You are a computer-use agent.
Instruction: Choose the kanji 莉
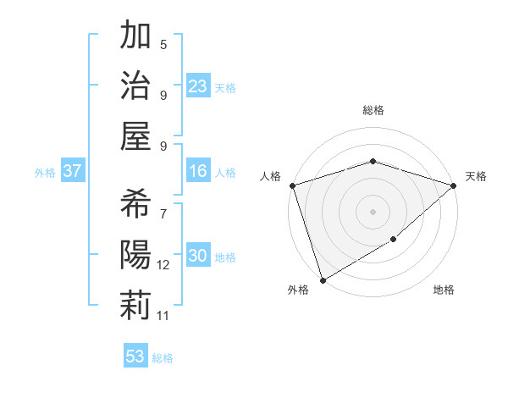(x=135, y=305)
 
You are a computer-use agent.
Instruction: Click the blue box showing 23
(x=198, y=86)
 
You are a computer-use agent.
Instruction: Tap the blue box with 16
(x=198, y=172)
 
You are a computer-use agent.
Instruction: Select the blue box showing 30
(x=198, y=257)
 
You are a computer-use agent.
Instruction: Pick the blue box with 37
(x=72, y=172)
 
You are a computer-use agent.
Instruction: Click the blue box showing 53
(x=135, y=357)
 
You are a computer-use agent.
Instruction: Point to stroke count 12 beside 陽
(x=163, y=265)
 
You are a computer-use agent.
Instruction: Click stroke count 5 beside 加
(x=163, y=44)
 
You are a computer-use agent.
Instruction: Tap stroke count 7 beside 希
(x=163, y=213)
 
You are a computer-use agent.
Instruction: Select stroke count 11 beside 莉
(x=163, y=316)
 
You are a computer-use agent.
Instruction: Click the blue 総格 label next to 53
(x=163, y=358)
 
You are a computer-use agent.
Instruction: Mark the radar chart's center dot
(x=373, y=211)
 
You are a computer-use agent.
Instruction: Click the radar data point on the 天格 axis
(x=454, y=185)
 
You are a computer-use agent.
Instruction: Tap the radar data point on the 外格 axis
(x=323, y=280)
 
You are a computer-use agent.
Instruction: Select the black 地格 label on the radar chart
(x=444, y=290)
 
